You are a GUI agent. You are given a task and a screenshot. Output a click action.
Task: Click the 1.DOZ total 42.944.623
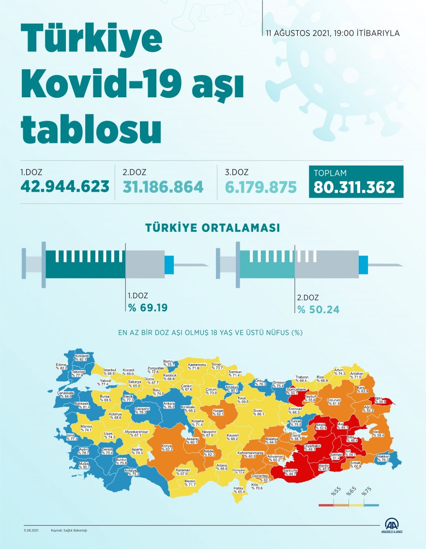(64, 187)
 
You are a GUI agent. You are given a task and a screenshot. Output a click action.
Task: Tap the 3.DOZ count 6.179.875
(261, 187)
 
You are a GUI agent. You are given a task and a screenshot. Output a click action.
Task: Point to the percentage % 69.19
(148, 307)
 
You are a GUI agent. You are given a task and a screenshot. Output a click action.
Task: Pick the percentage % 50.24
(318, 309)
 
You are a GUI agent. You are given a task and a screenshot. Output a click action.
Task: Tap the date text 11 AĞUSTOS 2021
(298, 33)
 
